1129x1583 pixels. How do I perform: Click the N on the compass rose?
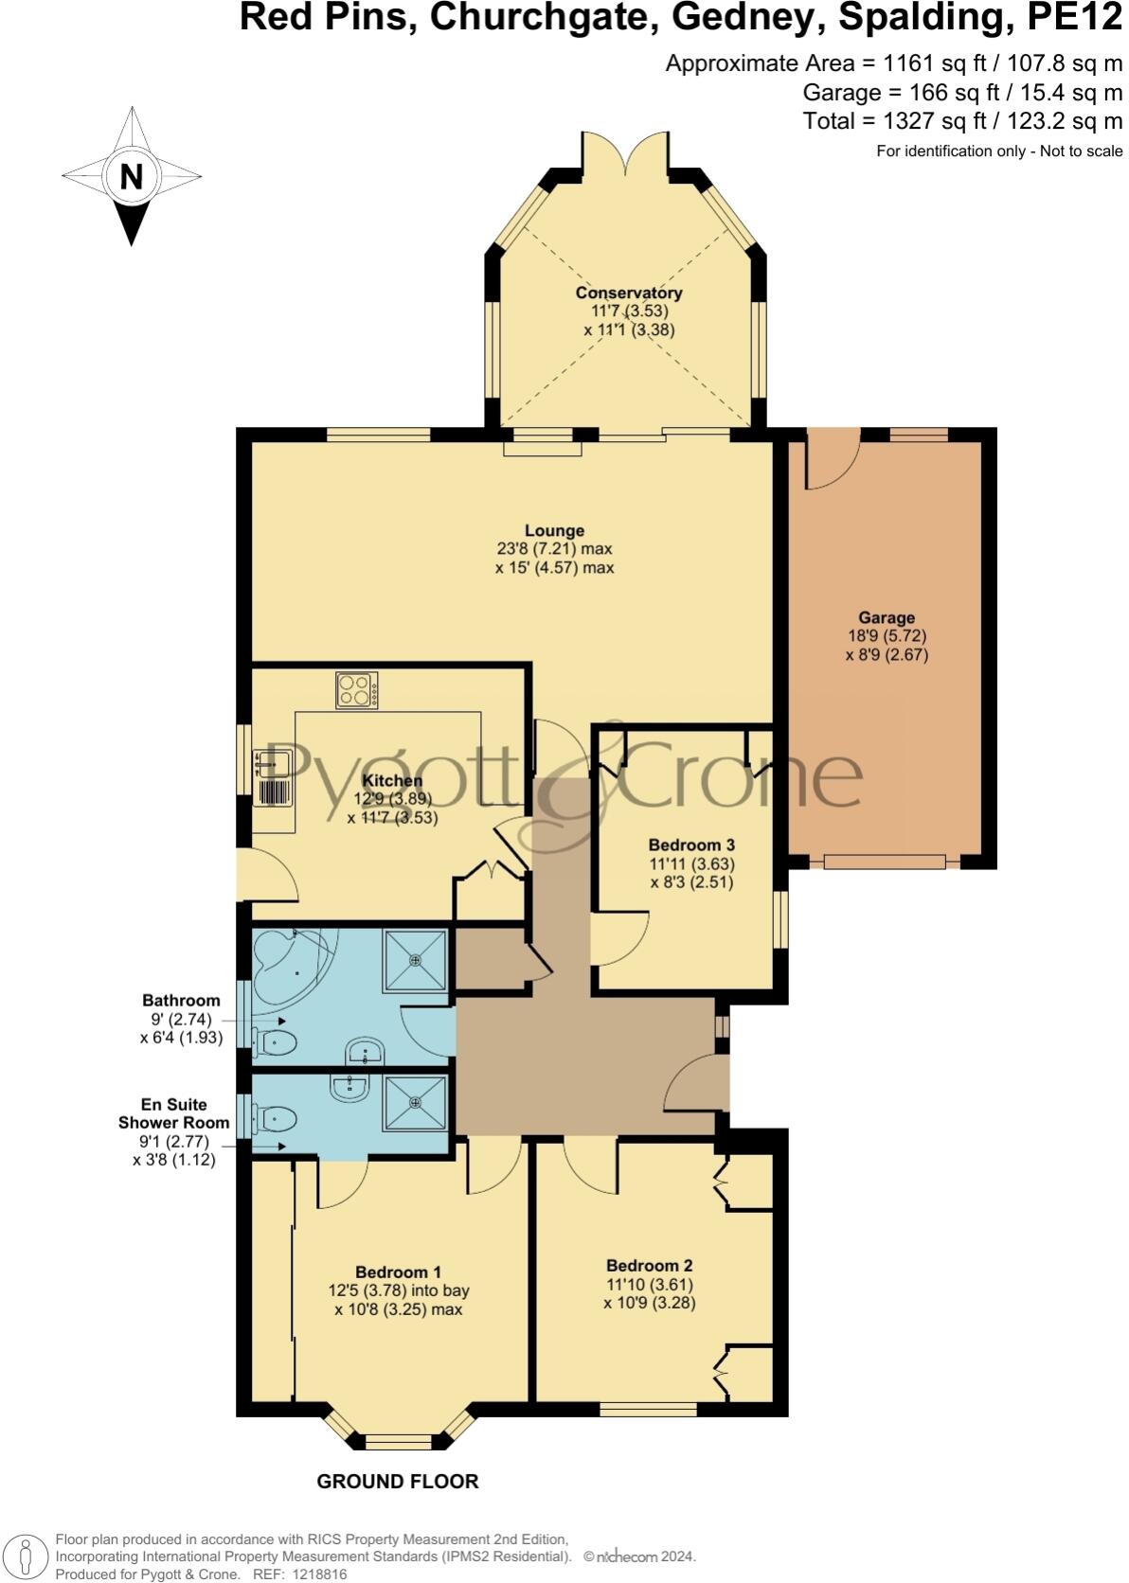[131, 176]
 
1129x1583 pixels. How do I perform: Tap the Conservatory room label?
[629, 293]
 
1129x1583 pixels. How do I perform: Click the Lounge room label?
[554, 530]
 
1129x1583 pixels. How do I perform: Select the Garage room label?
[887, 617]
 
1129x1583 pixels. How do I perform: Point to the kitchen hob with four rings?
[356, 690]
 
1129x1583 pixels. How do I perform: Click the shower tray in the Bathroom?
[415, 960]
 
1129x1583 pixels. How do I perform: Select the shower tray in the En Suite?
[415, 1102]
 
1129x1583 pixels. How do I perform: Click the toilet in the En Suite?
[276, 1120]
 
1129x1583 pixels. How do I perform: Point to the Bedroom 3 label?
[691, 845]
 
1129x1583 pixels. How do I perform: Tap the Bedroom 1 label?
[398, 1272]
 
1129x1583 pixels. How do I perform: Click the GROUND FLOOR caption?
[397, 1482]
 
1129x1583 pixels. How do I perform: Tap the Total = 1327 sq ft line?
[961, 121]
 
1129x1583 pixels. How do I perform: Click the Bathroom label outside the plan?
[181, 1000]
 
